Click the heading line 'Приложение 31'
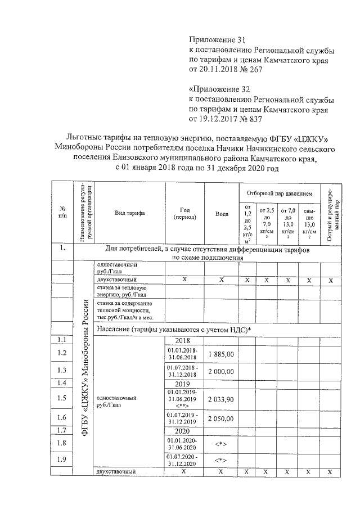(x=217, y=40)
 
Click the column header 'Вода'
(x=222, y=214)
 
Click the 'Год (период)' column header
(x=184, y=213)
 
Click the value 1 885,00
(x=222, y=354)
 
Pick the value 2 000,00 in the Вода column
(x=222, y=372)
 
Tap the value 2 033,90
(x=222, y=399)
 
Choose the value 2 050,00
(x=222, y=420)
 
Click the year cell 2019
(x=184, y=384)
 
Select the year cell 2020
(x=184, y=431)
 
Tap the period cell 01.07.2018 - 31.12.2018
(x=184, y=371)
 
